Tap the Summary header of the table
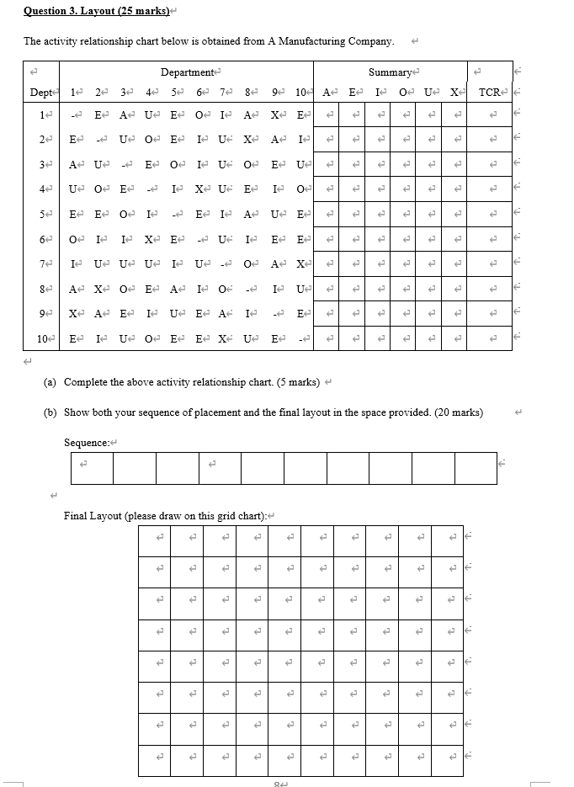point(389,73)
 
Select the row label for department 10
point(40,339)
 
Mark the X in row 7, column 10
point(299,264)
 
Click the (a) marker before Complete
point(50,382)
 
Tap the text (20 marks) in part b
point(459,412)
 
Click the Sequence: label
point(86,442)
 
